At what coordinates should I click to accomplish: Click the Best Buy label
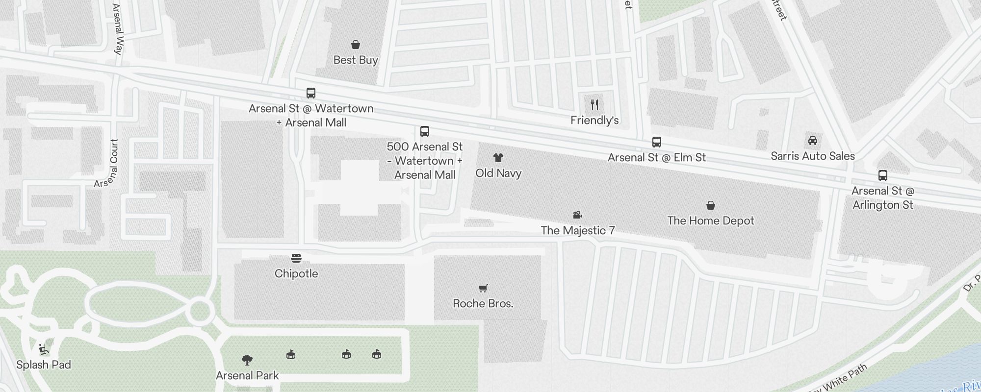pyautogui.click(x=356, y=60)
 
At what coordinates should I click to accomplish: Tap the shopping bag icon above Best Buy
pyautogui.click(x=356, y=45)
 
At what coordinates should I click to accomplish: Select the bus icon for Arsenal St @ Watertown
pyautogui.click(x=311, y=93)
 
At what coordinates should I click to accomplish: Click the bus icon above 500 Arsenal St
pyautogui.click(x=425, y=131)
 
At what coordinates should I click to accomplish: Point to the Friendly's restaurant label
pyautogui.click(x=594, y=121)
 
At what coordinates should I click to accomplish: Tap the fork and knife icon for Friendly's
pyautogui.click(x=594, y=104)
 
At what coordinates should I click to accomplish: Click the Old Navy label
pyautogui.click(x=498, y=173)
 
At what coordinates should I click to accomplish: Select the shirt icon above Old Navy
pyautogui.click(x=498, y=158)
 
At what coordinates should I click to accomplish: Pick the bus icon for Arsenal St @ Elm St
pyautogui.click(x=657, y=142)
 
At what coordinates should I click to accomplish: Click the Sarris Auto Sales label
pyautogui.click(x=813, y=156)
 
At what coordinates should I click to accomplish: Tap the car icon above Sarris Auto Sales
pyautogui.click(x=813, y=141)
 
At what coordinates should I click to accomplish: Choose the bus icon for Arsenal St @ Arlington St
pyautogui.click(x=883, y=175)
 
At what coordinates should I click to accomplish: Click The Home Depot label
pyautogui.click(x=711, y=221)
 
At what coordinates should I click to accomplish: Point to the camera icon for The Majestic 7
pyautogui.click(x=578, y=215)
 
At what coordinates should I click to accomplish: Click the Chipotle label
pyautogui.click(x=296, y=274)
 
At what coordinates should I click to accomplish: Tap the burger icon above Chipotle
pyautogui.click(x=296, y=258)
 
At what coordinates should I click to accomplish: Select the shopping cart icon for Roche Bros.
pyautogui.click(x=483, y=288)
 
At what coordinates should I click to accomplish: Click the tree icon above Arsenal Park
pyautogui.click(x=247, y=361)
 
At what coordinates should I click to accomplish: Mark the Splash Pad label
pyautogui.click(x=44, y=365)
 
